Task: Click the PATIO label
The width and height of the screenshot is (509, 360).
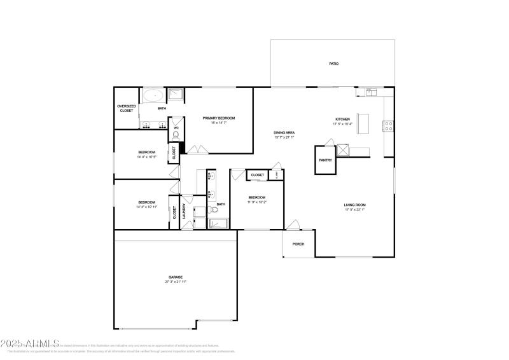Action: (x=333, y=64)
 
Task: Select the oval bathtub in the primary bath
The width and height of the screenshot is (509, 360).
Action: (x=153, y=97)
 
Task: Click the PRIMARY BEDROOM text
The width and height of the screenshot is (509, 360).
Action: (x=219, y=118)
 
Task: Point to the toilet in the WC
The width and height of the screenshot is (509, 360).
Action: (x=176, y=134)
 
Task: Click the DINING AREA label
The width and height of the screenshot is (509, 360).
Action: (x=284, y=132)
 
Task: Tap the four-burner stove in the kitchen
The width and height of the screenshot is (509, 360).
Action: (x=387, y=126)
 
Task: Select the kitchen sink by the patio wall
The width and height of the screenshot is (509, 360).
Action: (x=370, y=92)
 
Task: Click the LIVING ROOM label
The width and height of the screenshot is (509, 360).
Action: (x=355, y=204)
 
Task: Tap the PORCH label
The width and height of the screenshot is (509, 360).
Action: (x=298, y=244)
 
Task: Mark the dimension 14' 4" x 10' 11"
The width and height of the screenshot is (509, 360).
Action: (x=146, y=207)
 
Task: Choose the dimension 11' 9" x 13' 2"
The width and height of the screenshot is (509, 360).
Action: (x=257, y=202)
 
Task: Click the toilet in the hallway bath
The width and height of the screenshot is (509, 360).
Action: (x=215, y=208)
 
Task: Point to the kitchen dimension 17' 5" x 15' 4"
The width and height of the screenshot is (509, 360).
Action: (x=343, y=124)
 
